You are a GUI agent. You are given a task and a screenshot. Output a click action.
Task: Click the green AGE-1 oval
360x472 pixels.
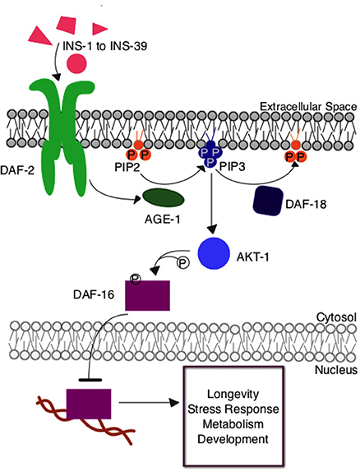[x=163, y=198]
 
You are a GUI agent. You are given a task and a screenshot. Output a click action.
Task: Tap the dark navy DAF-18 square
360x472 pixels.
[x=268, y=201]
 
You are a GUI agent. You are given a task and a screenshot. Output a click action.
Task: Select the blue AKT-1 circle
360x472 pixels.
[x=214, y=253]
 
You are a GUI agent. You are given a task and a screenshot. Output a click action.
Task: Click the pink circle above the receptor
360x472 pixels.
[x=77, y=63]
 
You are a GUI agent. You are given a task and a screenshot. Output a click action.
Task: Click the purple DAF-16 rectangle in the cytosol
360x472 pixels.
[x=147, y=295]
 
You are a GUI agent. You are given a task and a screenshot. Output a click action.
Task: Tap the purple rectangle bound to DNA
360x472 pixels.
[x=89, y=404]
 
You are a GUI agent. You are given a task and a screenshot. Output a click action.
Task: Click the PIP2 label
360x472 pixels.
[x=127, y=167]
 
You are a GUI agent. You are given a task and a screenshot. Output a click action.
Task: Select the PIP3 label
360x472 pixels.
[x=232, y=167]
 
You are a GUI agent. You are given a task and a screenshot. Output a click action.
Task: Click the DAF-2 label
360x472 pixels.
[x=17, y=170]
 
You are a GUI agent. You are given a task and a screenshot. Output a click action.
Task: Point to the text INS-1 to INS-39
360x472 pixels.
[x=104, y=46]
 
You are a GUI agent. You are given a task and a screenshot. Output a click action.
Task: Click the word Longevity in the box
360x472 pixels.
[x=233, y=394]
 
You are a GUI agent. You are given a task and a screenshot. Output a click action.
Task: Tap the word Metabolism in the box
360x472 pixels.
[x=233, y=423]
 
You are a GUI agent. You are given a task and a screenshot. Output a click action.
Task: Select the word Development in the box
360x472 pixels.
[x=233, y=439]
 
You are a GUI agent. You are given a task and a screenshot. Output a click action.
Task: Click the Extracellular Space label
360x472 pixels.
[x=308, y=107]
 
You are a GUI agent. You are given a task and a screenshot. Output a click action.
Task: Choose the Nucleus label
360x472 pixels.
[x=336, y=370]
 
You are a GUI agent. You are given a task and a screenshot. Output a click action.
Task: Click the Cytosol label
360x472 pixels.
[x=336, y=317]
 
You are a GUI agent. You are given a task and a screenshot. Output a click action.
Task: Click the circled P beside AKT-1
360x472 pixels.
[x=182, y=263]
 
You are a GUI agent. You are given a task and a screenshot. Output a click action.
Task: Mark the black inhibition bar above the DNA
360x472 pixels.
[x=90, y=380]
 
